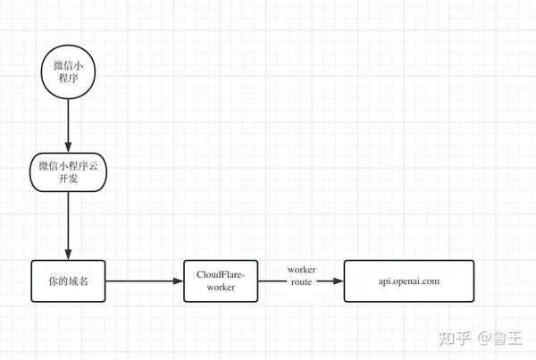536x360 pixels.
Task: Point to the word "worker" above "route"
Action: tap(302, 270)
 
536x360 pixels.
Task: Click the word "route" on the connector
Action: tap(302, 282)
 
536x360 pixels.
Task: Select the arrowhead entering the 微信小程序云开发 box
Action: tap(68, 147)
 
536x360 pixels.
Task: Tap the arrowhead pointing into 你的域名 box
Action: tap(68, 255)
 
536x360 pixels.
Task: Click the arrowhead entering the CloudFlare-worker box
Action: tap(178, 281)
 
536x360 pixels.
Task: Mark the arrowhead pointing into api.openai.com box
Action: tap(338, 281)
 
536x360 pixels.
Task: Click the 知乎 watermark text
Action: tap(455, 339)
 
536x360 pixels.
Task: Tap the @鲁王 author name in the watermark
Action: tap(499, 339)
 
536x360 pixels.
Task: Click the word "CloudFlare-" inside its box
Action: tap(221, 274)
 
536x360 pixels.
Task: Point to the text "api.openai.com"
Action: tap(409, 281)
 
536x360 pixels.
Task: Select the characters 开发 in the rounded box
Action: tap(68, 179)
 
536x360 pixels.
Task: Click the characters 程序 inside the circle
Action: tap(68, 79)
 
